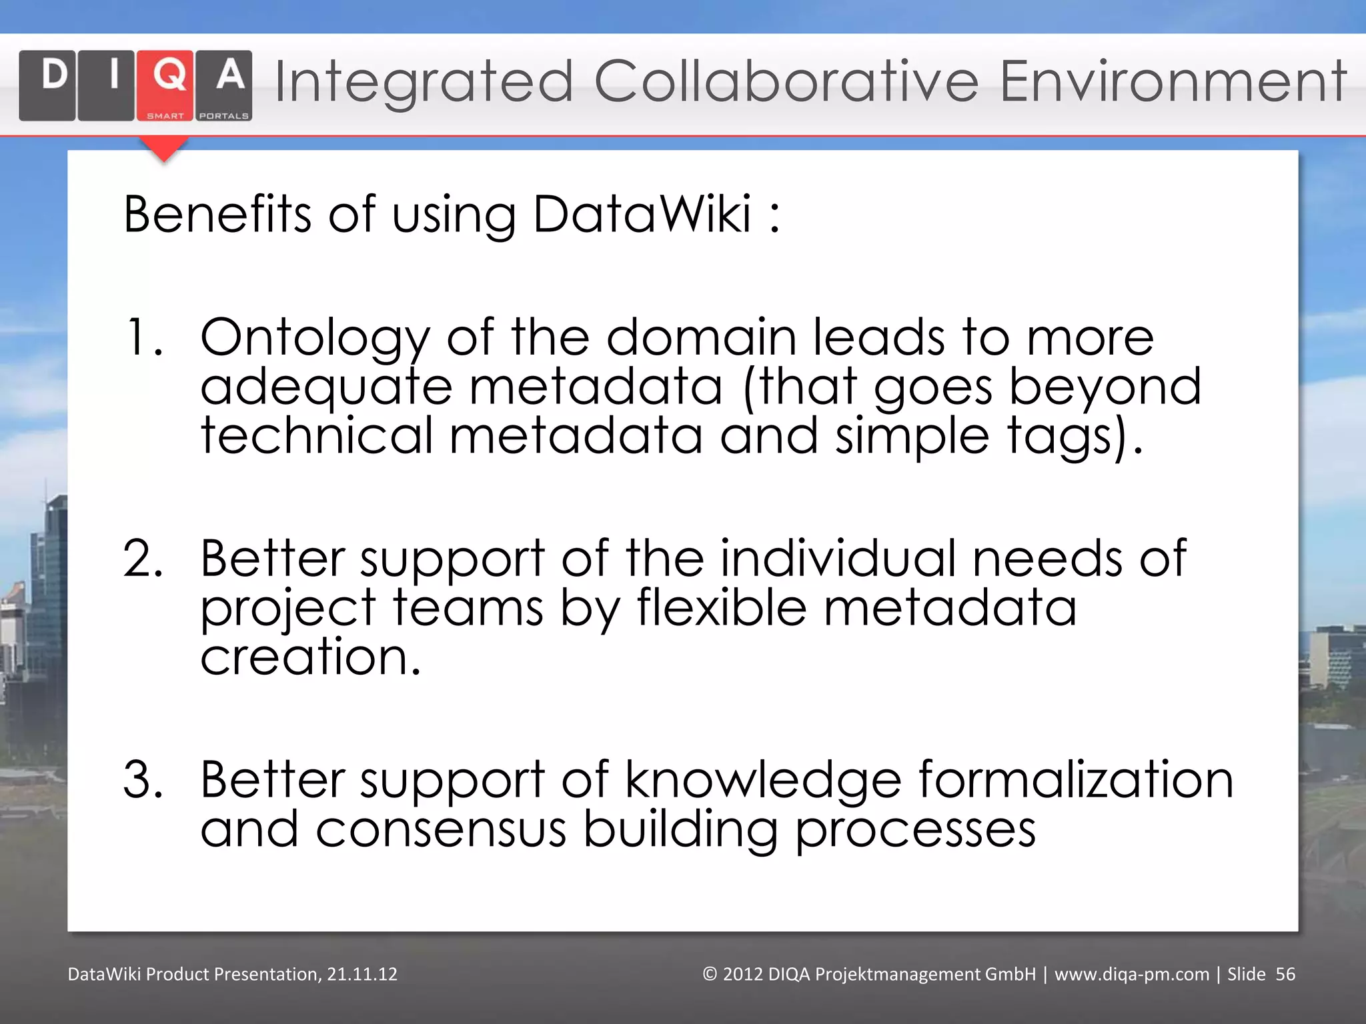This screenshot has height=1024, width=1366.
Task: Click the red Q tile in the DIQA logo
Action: [165, 85]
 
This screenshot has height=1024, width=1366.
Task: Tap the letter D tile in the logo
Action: [47, 85]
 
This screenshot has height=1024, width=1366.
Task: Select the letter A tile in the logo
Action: [224, 85]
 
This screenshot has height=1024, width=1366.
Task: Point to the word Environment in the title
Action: [1173, 82]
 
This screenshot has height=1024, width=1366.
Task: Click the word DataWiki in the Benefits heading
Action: [642, 214]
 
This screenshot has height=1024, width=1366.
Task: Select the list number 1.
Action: [143, 337]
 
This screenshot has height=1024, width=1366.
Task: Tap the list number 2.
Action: [143, 558]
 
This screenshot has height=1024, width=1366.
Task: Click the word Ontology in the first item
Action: [315, 339]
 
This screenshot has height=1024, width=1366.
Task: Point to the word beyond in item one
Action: [1105, 387]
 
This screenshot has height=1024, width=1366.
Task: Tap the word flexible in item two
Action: [722, 607]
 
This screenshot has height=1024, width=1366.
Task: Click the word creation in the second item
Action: [311, 657]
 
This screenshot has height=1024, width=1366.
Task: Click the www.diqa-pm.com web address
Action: [1131, 974]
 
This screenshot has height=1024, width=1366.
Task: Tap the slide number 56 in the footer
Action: [1285, 974]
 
